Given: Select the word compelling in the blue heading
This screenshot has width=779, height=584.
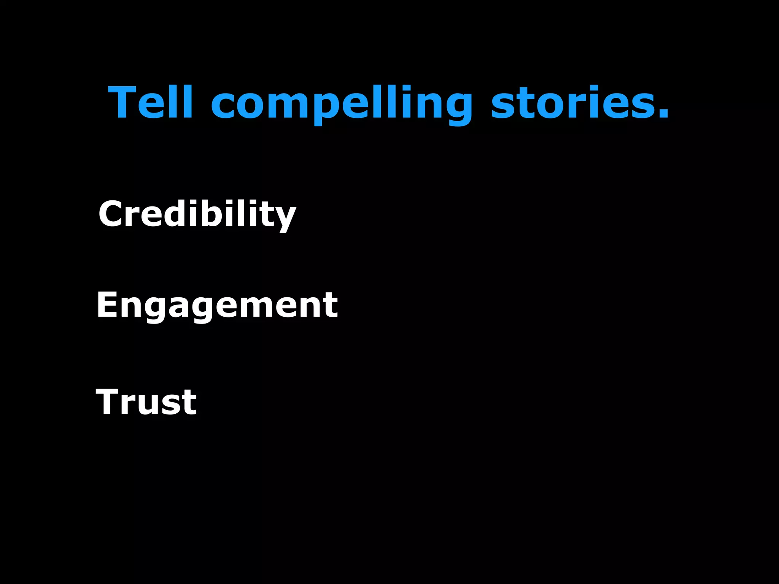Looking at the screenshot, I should pyautogui.click(x=342, y=105).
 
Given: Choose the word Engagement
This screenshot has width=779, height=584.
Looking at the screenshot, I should pyautogui.click(x=217, y=306).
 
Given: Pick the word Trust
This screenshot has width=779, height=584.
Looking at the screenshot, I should pyautogui.click(x=146, y=402).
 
